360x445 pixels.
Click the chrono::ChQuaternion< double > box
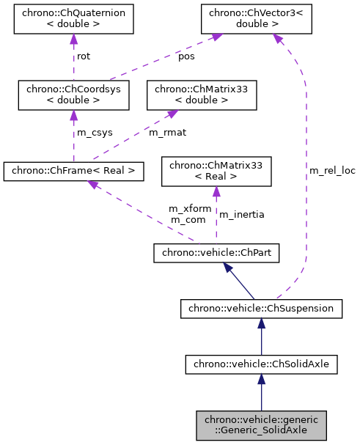[73, 21]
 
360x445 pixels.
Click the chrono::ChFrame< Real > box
[73, 172]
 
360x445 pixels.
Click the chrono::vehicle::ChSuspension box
[261, 309]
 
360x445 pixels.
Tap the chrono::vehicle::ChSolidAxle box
[261, 363]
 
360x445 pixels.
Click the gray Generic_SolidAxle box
[261, 424]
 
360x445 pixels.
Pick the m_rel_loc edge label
[332, 171]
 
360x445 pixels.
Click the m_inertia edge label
[242, 214]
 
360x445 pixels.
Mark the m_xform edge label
[190, 209]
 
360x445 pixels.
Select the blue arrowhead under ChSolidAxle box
[261, 379]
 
